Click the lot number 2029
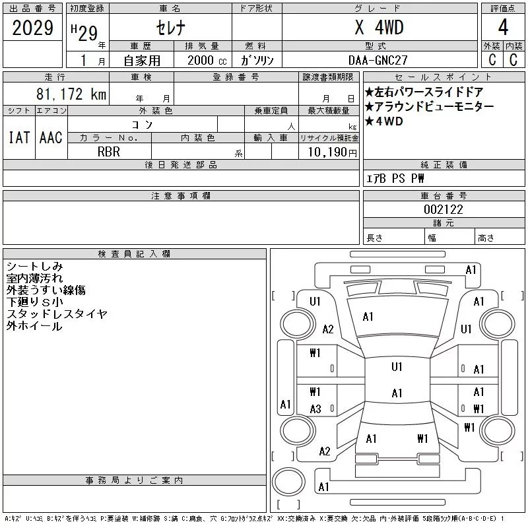[33, 28]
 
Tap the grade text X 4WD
[379, 28]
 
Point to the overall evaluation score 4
[503, 28]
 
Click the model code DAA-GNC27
[379, 60]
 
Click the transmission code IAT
[18, 137]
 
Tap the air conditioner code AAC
[51, 137]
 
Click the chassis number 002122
[444, 209]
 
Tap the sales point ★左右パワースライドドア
[424, 92]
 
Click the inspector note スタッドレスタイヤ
[57, 314]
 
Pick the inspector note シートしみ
[34, 266]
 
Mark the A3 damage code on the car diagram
[315, 409]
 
